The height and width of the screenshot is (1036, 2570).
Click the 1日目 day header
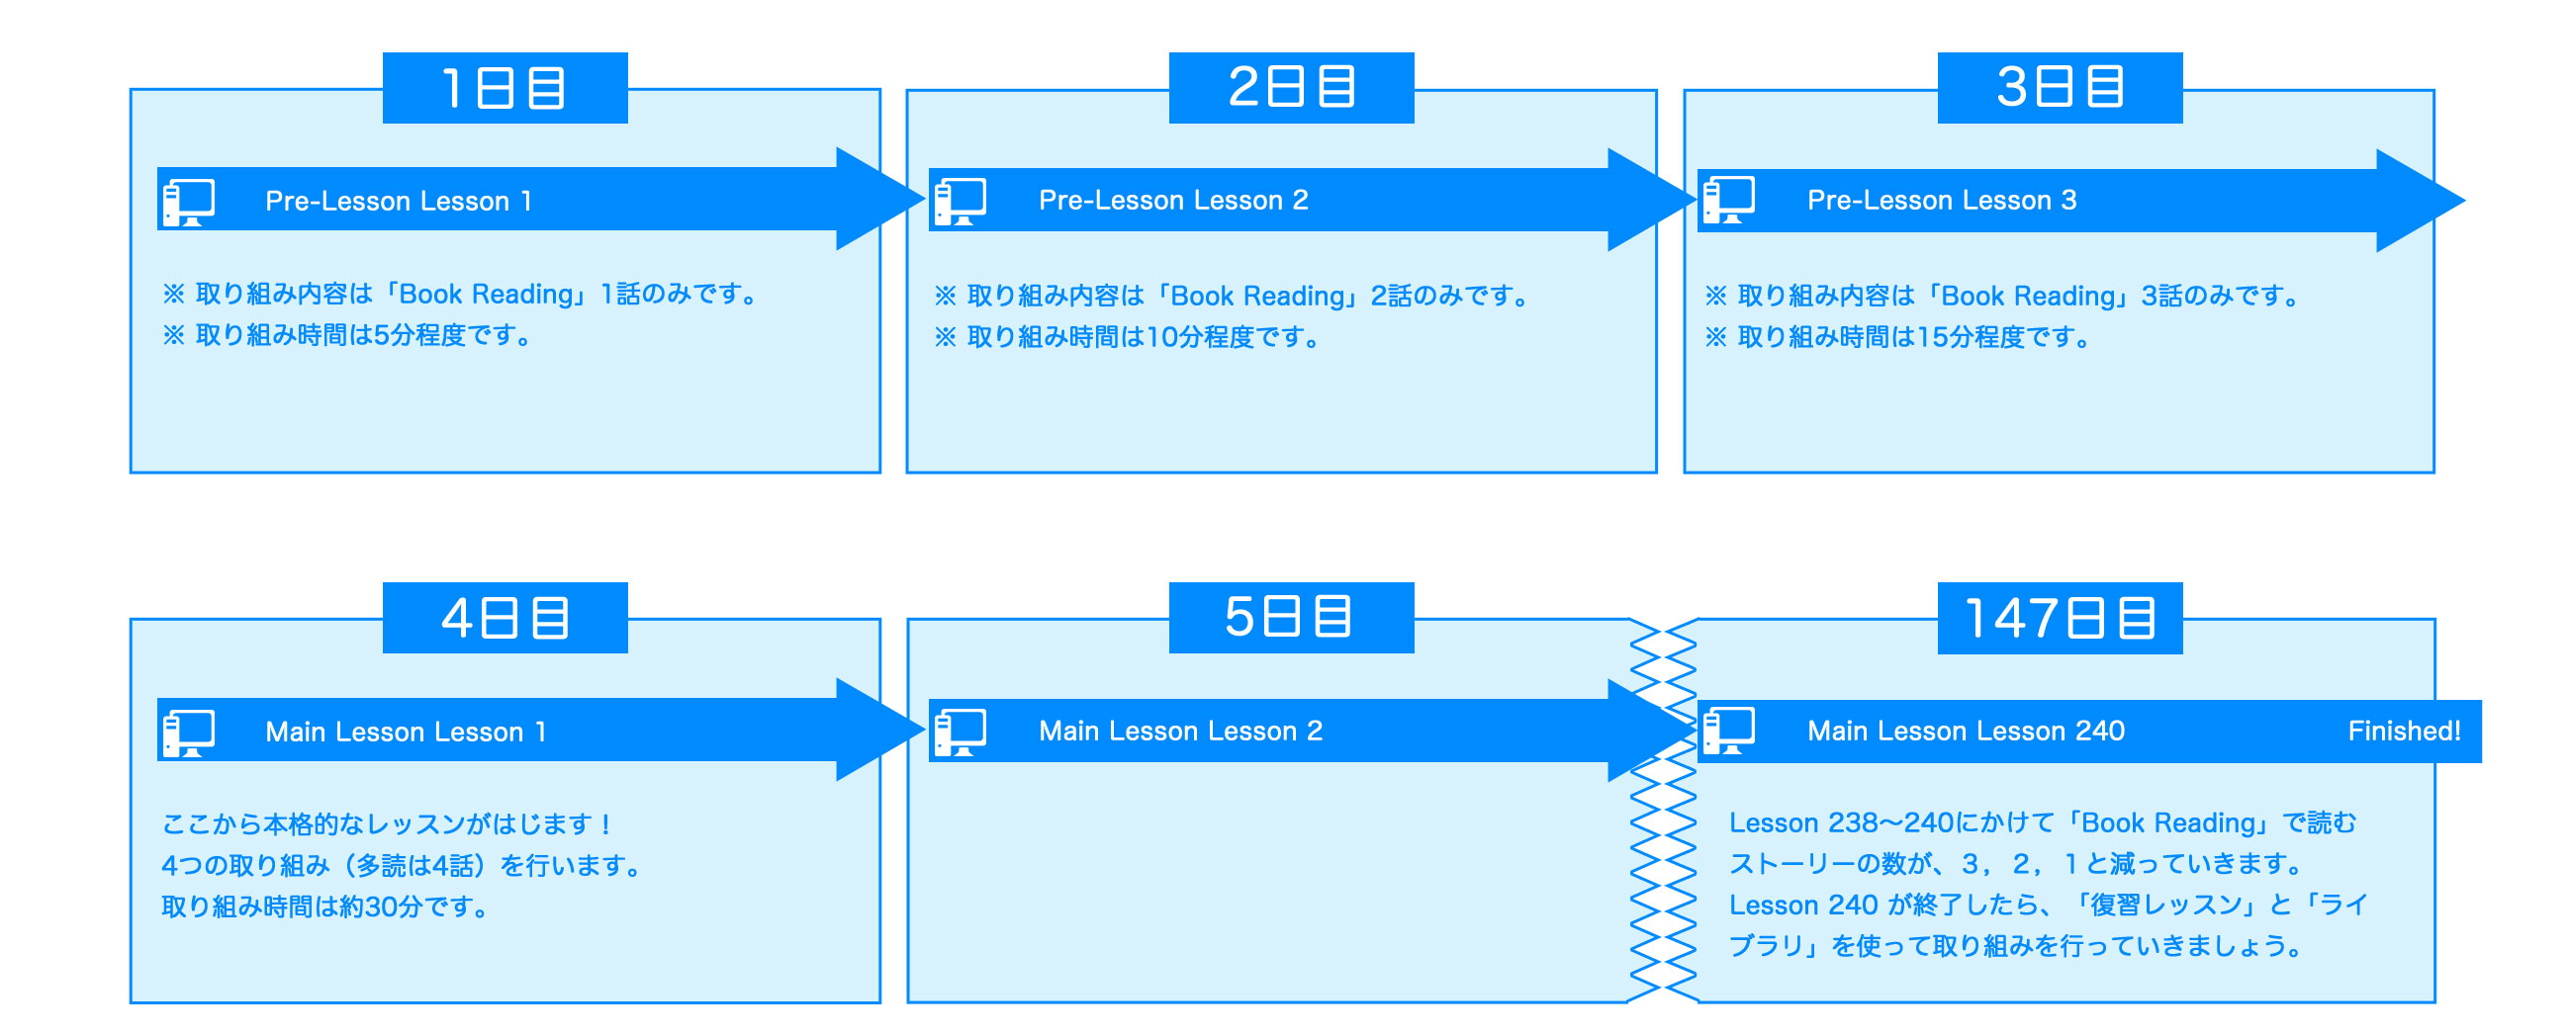pos(505,88)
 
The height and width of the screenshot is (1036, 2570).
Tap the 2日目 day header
pos(1291,88)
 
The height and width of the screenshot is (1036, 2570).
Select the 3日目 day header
pos(2060,88)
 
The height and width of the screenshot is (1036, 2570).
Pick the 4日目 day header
pos(505,618)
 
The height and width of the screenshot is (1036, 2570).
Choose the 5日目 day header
pos(1291,617)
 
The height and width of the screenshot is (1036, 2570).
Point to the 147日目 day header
pos(2060,618)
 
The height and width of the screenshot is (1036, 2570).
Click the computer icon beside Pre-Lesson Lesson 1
pos(189,202)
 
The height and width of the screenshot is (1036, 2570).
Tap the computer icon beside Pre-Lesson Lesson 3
pos(1729,201)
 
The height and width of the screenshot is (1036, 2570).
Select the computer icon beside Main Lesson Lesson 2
pos(960,731)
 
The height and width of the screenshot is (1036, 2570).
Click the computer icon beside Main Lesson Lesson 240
pos(1729,731)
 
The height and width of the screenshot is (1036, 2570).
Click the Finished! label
pos(2404,731)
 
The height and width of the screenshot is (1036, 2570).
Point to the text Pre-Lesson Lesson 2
pos(1173,201)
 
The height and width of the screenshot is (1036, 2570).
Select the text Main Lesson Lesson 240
pos(1966,731)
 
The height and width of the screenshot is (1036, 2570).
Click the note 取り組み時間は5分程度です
pos(349,335)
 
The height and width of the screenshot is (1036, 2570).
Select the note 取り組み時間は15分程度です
pos(1901,337)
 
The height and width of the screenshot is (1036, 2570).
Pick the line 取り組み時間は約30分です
pos(326,906)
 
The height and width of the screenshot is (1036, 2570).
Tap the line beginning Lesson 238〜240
pos(2041,822)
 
